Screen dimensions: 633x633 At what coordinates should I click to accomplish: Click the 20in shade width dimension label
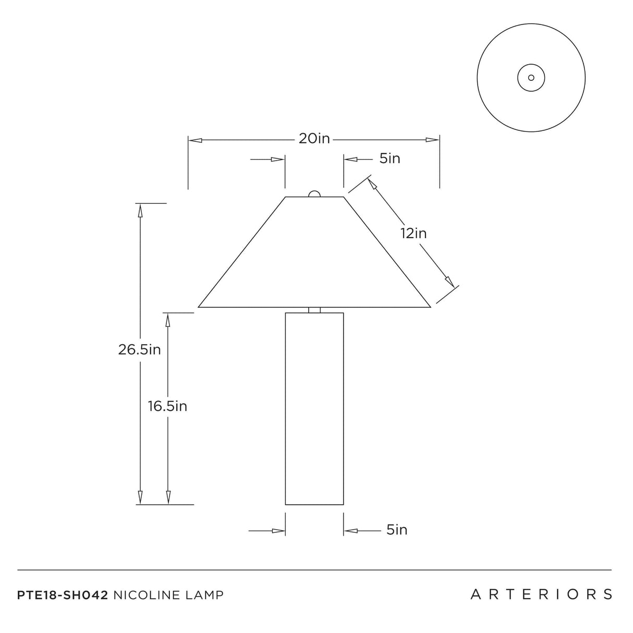(314, 139)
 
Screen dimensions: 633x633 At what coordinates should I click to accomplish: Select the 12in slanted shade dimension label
(413, 234)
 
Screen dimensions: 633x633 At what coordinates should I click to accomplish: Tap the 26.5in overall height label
(140, 349)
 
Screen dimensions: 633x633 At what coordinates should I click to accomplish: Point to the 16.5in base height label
(167, 406)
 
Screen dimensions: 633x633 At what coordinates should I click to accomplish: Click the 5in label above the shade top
(390, 159)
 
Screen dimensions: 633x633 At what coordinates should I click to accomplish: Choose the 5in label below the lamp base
(397, 530)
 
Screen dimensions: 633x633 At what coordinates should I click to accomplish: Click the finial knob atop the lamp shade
(314, 193)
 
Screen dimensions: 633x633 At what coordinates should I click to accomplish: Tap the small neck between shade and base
(314, 310)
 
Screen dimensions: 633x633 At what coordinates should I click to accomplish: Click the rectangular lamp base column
(314, 409)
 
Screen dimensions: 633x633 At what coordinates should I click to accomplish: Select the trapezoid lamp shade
(314, 252)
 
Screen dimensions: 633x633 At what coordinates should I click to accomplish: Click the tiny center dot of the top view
(531, 78)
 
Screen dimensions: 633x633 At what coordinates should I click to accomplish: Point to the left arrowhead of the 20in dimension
(195, 140)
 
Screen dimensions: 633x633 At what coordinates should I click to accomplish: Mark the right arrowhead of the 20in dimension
(432, 140)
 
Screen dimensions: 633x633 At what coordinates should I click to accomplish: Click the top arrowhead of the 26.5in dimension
(140, 210)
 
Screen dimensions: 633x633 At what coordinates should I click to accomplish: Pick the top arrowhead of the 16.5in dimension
(168, 320)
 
